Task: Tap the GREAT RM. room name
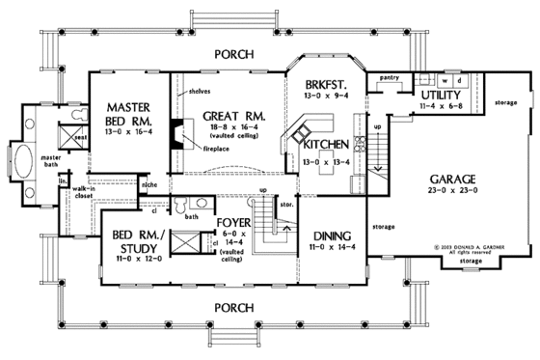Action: coord(228,116)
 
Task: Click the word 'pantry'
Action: coord(391,75)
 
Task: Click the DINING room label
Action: coord(329,236)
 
